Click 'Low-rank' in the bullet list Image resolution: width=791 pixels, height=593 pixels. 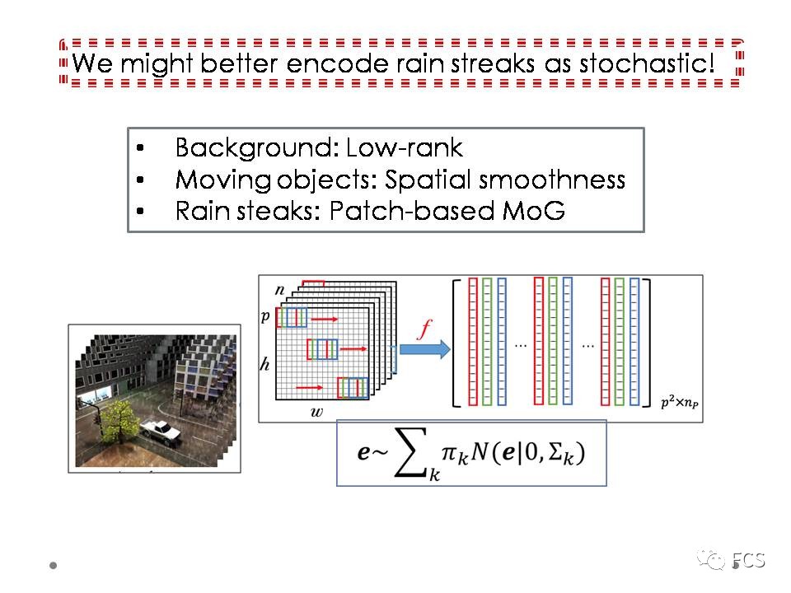(x=405, y=148)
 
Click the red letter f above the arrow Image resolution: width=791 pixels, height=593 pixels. (x=424, y=330)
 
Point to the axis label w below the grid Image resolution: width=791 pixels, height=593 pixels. (x=316, y=411)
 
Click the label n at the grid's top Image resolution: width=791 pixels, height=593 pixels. (x=279, y=289)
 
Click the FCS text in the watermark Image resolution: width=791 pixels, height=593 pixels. (x=749, y=561)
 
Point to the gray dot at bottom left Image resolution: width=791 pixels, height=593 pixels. (x=54, y=566)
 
